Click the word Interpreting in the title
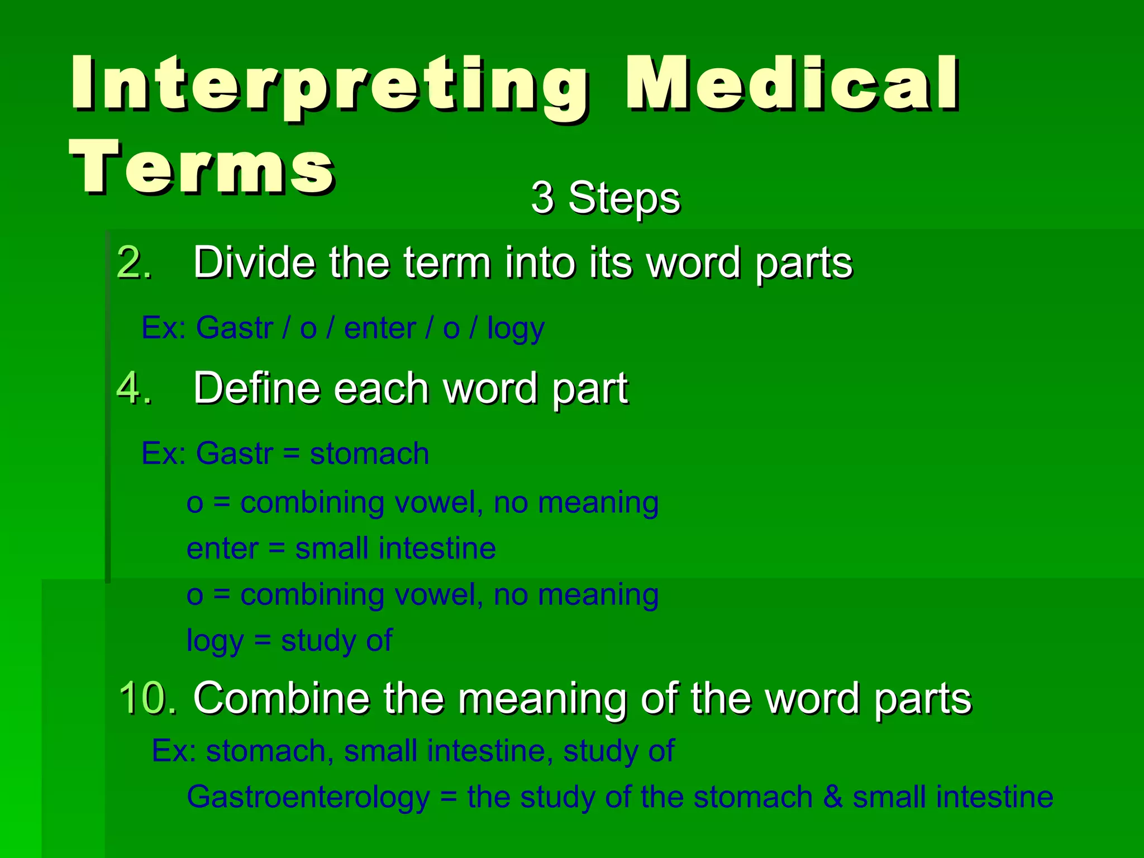pyautogui.click(x=328, y=84)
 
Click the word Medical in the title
pyautogui.click(x=792, y=84)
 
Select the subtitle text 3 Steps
pyautogui.click(x=606, y=198)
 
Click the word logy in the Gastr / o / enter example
pyautogui.click(x=515, y=328)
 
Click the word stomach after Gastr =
pyautogui.click(x=369, y=453)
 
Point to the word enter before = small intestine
pyautogui.click(x=222, y=549)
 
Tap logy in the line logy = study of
pyautogui.click(x=214, y=641)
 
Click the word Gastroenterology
pyautogui.click(x=308, y=797)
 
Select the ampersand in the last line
pyautogui.click(x=832, y=797)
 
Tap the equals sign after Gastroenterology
pyautogui.click(x=448, y=797)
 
